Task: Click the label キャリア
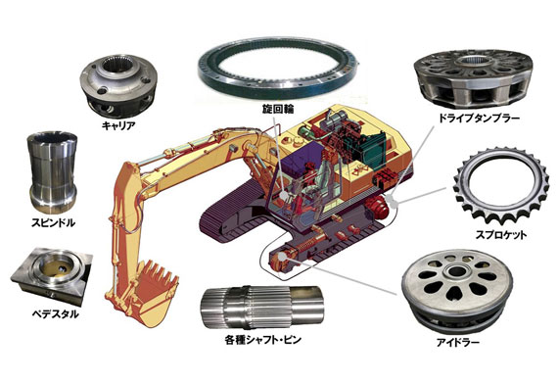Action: pos(118,125)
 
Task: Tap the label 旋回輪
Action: pos(278,110)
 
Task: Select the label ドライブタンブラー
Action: pos(479,118)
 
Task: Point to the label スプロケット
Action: pos(501,235)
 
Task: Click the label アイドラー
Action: pos(458,343)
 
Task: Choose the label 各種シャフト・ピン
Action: pos(263,340)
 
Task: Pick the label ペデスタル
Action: pos(56,314)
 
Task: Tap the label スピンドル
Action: pos(54,223)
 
